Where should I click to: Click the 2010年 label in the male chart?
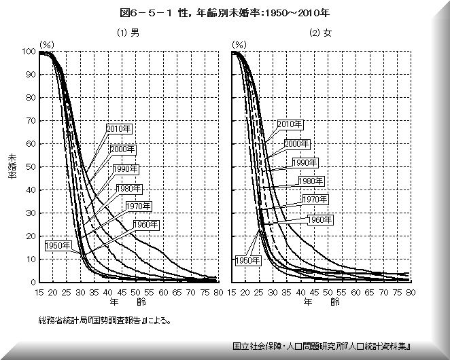point(119,127)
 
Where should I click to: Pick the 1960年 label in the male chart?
point(146,225)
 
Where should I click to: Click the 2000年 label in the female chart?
point(296,143)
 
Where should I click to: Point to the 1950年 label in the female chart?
point(248,260)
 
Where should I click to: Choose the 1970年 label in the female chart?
point(315,200)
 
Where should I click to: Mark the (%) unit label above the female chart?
point(239,43)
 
